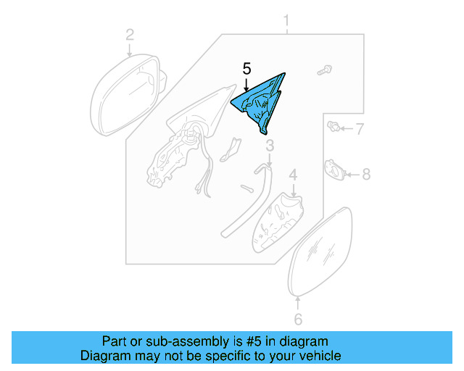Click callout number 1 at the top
pos(286,20)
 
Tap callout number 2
pos(130,34)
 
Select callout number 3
pos(269,149)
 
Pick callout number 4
pos(293,175)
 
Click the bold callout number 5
pos(246,70)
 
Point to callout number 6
pos(297,320)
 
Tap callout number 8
pos(365,174)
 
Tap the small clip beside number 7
pos(334,129)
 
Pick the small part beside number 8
pos(334,171)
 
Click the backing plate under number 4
pos(278,220)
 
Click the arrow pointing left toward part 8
pos(352,174)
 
